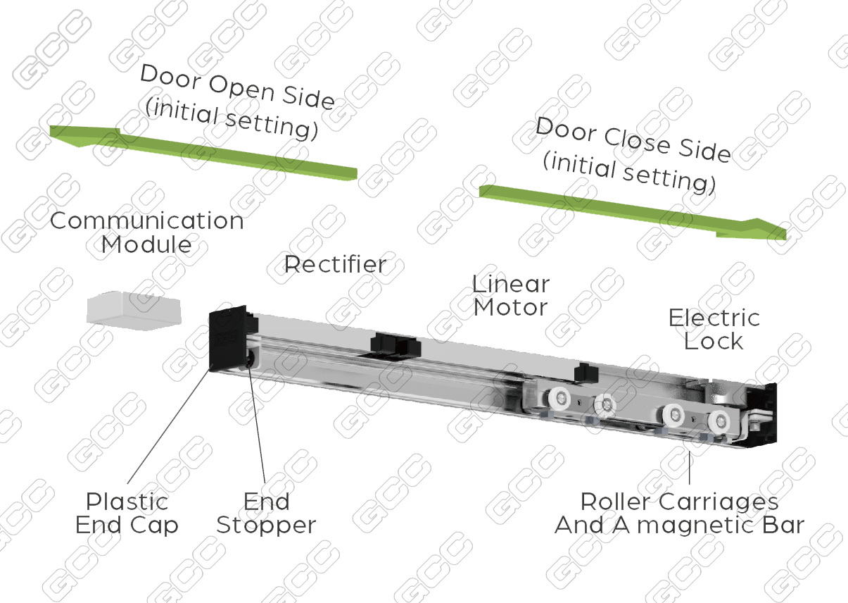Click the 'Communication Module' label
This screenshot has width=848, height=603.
point(147,232)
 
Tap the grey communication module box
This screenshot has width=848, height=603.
point(134,311)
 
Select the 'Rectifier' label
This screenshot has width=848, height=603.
point(336,264)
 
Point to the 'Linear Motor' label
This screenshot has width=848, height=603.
point(511,296)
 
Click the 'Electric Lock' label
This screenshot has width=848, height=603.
point(714,329)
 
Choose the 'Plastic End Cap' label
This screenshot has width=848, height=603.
point(127,513)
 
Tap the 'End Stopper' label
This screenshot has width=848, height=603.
point(266,513)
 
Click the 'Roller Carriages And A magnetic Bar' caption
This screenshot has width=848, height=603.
point(680,513)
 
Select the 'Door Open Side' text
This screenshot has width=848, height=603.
point(238,87)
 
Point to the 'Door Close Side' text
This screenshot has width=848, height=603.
point(633,140)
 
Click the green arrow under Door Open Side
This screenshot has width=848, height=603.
point(203,153)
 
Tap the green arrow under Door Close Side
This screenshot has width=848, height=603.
point(633,212)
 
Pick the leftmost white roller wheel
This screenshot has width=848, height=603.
point(559,399)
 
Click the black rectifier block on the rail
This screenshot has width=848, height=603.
point(395,344)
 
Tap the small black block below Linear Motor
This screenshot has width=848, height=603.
point(586,372)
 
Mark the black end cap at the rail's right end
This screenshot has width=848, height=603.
point(761,413)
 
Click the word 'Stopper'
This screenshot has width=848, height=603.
point(266,526)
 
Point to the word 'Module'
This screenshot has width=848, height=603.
point(146,244)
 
